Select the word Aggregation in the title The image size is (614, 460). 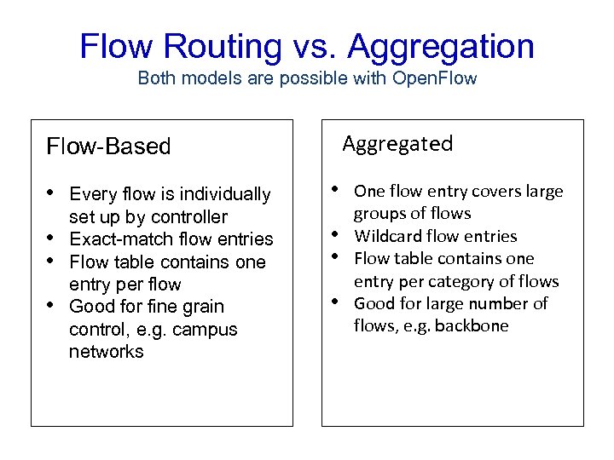pos(441,47)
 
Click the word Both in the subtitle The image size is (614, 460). pos(155,78)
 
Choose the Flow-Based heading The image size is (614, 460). pos(108,147)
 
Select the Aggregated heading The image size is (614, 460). pos(397,143)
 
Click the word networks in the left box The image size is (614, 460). pos(107,352)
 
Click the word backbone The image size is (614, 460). pos(472,325)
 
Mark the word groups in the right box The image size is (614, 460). pos(379,213)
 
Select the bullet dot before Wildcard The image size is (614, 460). pos(339,234)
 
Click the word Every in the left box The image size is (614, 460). pos(91,194)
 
